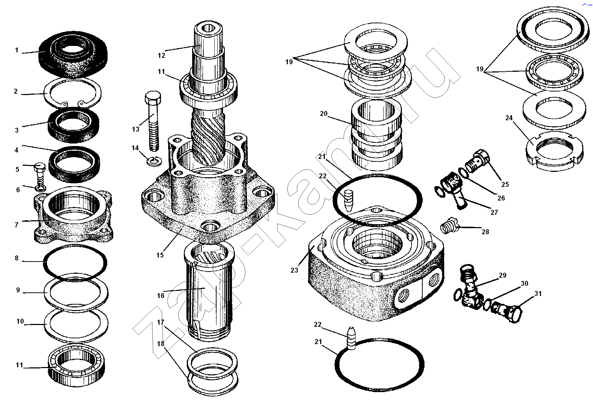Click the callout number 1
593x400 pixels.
tap(16, 50)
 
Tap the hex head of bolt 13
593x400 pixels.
tap(153, 97)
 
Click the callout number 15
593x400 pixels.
tap(160, 255)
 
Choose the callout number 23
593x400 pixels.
tap(294, 270)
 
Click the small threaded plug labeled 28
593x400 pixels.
tap(448, 227)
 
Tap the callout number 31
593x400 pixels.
tap(538, 294)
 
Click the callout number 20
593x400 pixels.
tap(324, 114)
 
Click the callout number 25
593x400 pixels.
tap(505, 184)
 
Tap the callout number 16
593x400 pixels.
tap(160, 296)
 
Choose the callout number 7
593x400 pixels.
tap(16, 225)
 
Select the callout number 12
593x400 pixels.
tap(161, 55)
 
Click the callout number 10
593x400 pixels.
tap(20, 321)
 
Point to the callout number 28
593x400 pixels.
tap(485, 232)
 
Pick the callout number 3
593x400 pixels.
tap(16, 130)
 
